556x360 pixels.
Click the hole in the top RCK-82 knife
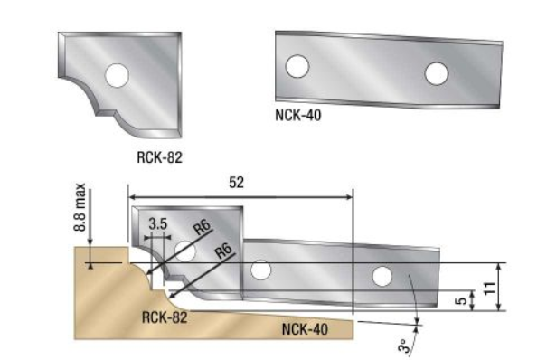point(117,75)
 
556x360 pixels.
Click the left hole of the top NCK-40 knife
point(297,66)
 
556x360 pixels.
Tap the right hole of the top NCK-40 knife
point(437,74)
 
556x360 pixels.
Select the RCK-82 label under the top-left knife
point(159,157)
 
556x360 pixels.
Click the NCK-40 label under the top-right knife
point(298,115)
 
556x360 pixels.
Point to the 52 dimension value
point(237,183)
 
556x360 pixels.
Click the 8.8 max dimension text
point(80,207)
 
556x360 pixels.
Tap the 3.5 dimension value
point(158,224)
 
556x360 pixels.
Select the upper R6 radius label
point(203,227)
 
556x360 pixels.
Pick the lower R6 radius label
point(224,251)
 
